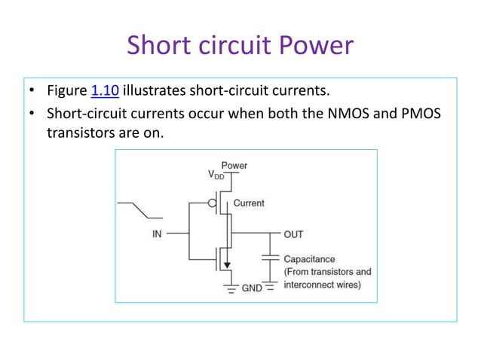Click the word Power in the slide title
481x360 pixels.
(317, 46)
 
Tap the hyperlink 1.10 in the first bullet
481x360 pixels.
(104, 93)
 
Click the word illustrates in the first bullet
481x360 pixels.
(158, 93)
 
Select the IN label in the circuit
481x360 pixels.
(157, 234)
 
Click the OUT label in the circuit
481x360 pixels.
(293, 234)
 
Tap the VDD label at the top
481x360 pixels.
(216, 175)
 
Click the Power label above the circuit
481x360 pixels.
(234, 165)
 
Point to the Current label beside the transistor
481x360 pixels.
(249, 203)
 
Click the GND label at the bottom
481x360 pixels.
(251, 288)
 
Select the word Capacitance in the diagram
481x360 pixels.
(309, 259)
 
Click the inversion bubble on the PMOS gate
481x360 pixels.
(213, 203)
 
